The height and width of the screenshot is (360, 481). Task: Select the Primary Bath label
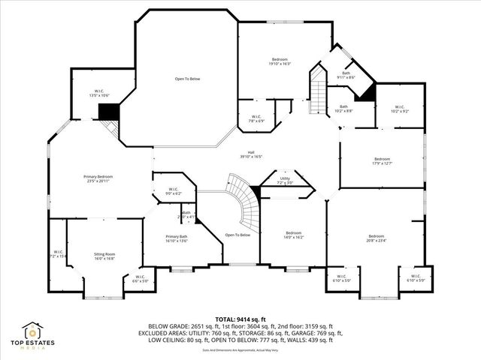point(177,238)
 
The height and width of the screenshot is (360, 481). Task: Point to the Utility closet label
point(285,181)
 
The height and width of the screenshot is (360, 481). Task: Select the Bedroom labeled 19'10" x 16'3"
point(279,61)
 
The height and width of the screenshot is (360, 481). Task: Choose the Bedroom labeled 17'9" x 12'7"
point(382,160)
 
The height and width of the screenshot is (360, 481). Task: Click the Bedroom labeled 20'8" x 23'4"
point(376,238)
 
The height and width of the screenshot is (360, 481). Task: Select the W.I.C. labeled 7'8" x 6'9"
point(256,118)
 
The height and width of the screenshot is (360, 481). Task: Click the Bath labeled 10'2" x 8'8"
point(343,109)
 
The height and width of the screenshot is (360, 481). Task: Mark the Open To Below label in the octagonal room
point(187,78)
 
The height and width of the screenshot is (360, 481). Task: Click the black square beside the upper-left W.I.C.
point(110,111)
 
